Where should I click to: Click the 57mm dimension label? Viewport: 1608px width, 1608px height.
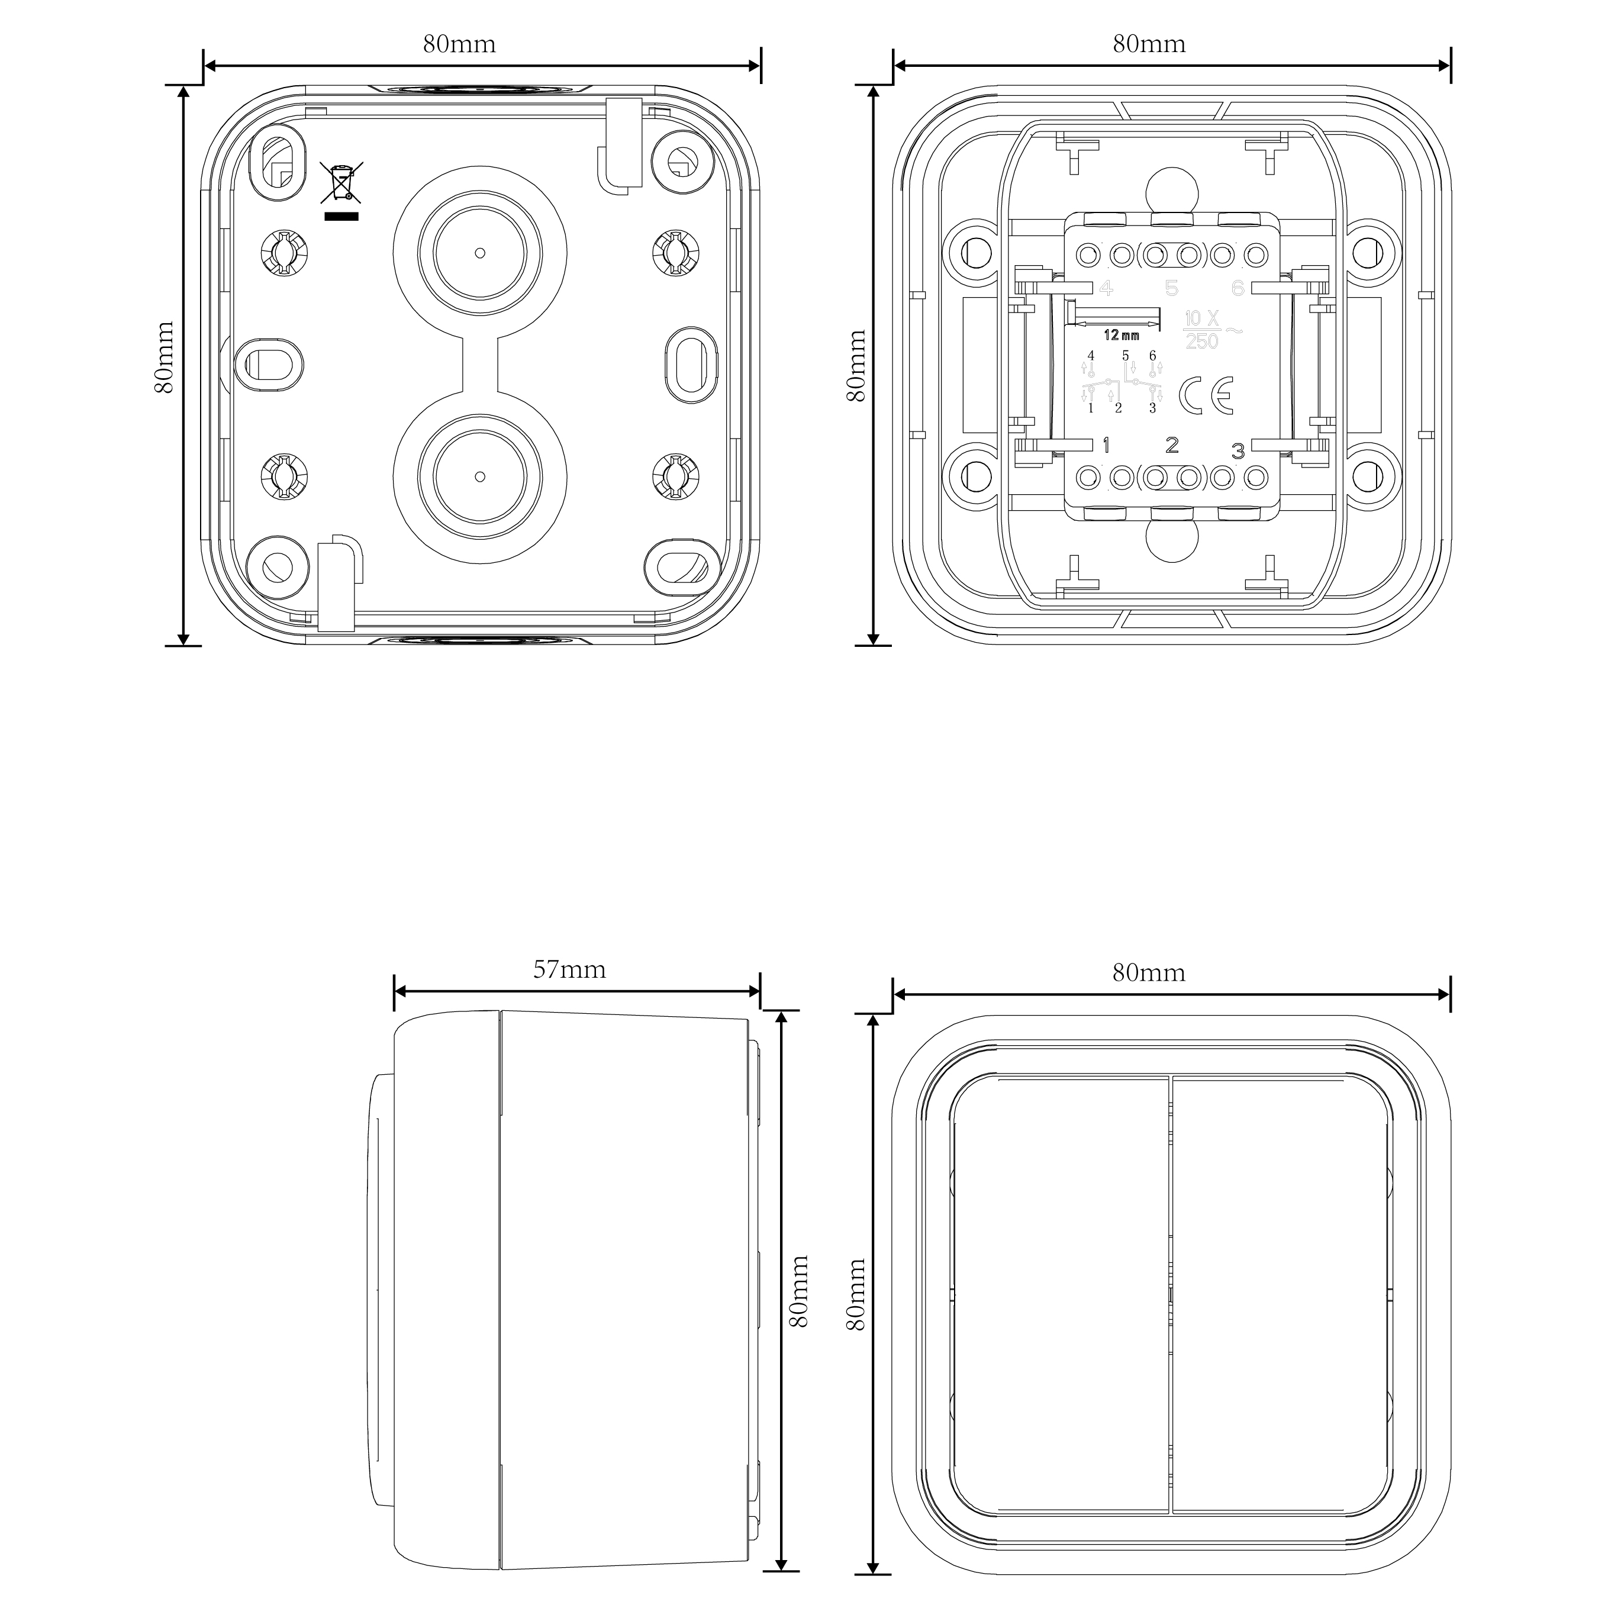coord(569,969)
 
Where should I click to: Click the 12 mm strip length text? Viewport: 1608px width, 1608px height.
coord(1121,336)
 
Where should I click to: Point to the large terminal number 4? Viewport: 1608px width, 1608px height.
coord(1106,289)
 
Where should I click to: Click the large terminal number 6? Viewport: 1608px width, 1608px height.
coord(1238,288)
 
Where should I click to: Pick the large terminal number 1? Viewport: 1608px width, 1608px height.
coord(1106,445)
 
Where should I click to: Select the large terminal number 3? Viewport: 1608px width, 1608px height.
coord(1238,451)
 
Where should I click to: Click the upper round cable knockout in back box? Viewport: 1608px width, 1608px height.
coord(480,252)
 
